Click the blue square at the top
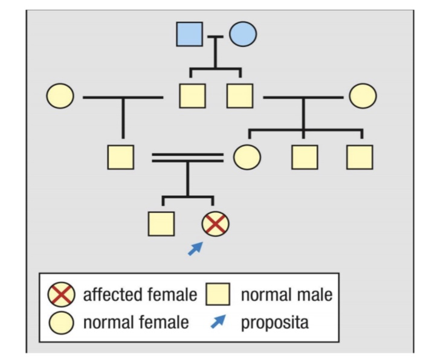click(x=189, y=34)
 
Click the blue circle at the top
click(x=242, y=34)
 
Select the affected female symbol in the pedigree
click(x=216, y=225)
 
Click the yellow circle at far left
click(x=60, y=95)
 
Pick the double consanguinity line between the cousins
click(x=187, y=158)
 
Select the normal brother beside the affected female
click(x=161, y=224)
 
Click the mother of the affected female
click(x=247, y=158)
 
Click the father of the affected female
click(x=120, y=158)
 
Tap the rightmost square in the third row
click(x=360, y=158)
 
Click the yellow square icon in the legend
click(x=218, y=295)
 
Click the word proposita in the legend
click(x=274, y=323)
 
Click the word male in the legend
click(x=314, y=295)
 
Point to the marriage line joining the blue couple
click(x=216, y=36)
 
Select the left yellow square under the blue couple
click(x=193, y=95)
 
